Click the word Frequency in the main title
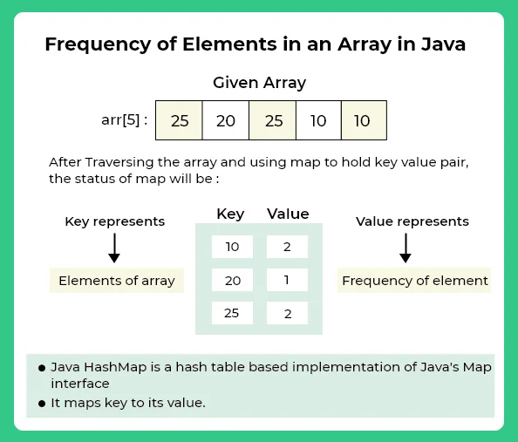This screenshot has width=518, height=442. pos(98,44)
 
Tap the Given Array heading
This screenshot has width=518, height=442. pos(259,83)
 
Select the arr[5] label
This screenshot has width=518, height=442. pos(124,120)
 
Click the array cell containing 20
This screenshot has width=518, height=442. pos(226,120)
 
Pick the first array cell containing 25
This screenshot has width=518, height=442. pos(179,120)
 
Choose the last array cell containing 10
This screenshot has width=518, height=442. pos(364,120)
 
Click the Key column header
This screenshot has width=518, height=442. pos(230,214)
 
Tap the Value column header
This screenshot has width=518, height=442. pos(288,214)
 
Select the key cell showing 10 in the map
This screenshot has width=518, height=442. pos(232,247)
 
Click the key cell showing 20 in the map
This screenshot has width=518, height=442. pos(232,280)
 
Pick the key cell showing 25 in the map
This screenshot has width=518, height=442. pos(232,313)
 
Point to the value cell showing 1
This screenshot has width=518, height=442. pos(287,280)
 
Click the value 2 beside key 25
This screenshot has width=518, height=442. pos(287,313)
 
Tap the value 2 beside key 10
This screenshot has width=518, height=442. pos(287,247)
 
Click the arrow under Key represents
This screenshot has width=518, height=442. pos(114,248)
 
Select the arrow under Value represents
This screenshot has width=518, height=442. pos(406,248)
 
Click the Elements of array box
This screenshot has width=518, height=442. pos(117,281)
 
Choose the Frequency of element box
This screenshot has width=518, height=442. pos(414,281)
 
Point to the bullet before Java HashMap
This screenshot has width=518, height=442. pos(42,368)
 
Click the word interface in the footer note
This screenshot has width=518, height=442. pos(80,384)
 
